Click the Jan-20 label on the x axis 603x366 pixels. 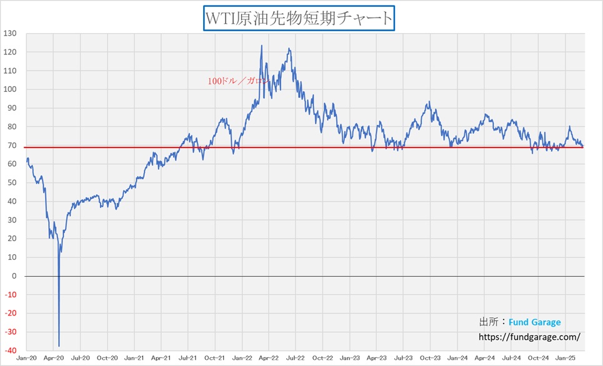26,358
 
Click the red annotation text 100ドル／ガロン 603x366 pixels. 239,81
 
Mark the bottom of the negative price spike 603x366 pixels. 59,346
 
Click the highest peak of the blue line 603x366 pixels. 261,46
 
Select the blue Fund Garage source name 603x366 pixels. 534,322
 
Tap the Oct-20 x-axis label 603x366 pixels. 107,358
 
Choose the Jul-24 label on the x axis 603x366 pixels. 511,358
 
